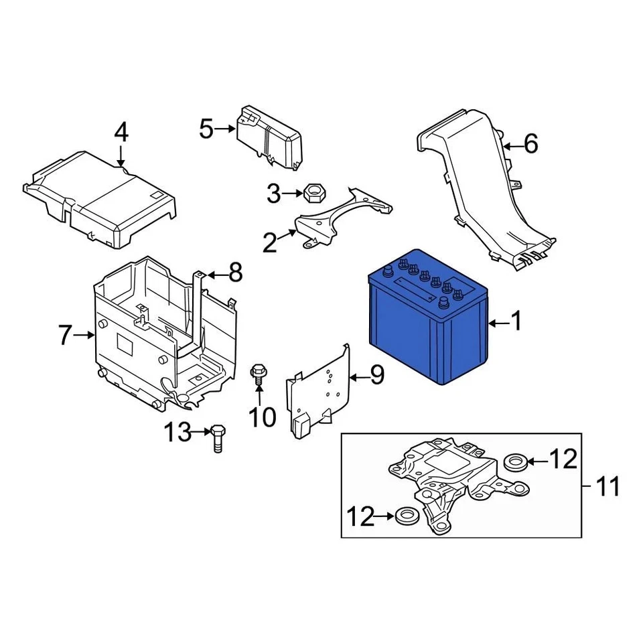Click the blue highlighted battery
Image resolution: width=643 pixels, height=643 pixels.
point(429,321)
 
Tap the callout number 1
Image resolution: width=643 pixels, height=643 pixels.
point(516,323)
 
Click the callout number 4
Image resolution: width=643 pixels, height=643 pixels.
point(121,133)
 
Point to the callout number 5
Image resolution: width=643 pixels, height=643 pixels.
point(206,129)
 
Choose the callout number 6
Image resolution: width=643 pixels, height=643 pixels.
point(530,144)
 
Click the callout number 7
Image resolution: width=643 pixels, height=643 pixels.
point(65,334)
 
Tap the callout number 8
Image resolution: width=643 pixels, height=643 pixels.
point(235,273)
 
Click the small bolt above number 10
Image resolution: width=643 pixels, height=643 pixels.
point(258,373)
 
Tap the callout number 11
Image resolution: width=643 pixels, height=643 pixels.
point(608,487)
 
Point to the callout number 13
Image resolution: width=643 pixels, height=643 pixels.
point(179,433)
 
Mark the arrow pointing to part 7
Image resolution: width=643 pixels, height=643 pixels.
point(85,334)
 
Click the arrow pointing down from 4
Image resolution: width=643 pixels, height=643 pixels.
point(121,157)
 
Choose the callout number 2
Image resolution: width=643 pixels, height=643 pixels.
point(269,243)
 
